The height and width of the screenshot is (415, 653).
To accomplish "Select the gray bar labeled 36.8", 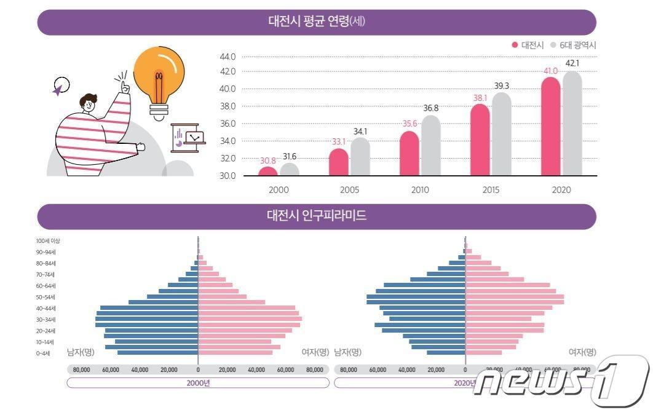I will click(x=430, y=145).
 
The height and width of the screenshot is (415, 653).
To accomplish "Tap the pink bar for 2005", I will click(x=338, y=162).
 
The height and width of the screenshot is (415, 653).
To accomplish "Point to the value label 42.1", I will click(x=572, y=63).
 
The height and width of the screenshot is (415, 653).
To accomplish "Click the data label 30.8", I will click(x=267, y=161).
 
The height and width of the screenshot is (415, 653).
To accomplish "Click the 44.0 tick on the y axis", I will click(x=228, y=57).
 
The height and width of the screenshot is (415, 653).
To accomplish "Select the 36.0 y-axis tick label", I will click(x=228, y=124).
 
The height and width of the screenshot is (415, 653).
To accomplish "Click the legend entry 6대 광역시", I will click(x=577, y=45).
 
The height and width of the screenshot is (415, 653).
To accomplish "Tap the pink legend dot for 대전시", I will click(x=515, y=45).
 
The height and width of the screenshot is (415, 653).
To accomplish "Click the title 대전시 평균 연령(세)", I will click(x=317, y=22).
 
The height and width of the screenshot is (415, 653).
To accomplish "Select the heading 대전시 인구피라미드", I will click(x=317, y=216).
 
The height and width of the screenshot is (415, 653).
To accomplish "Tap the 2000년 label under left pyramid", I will click(x=198, y=382).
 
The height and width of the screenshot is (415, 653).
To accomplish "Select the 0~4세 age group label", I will click(x=45, y=353).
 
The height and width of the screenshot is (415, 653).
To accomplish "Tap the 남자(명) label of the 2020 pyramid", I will click(x=347, y=352).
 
